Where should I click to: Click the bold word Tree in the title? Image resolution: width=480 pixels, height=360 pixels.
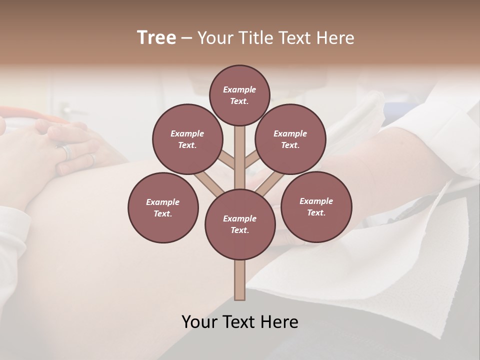pos(156,38)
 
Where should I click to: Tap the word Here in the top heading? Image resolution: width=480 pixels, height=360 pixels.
pos(336,38)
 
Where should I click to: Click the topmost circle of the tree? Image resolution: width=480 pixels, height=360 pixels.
pos(239,95)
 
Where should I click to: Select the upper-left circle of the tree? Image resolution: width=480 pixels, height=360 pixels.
pos(187,139)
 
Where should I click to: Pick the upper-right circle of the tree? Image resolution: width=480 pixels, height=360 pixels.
pos(290,139)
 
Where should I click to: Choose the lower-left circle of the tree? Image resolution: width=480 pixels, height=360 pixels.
pos(163,207)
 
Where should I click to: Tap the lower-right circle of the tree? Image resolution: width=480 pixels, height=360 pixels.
pos(316,206)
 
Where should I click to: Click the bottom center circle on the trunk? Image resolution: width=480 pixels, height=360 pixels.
pos(239,224)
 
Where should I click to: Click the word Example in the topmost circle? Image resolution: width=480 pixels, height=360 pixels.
pos(239,89)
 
